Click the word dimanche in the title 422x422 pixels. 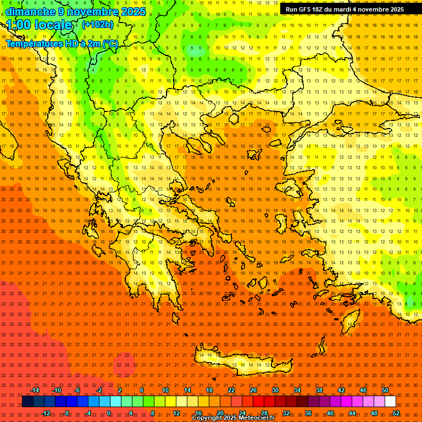(x=30, y=12)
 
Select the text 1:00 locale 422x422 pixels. (x=40, y=25)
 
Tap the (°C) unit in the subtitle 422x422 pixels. (x=110, y=43)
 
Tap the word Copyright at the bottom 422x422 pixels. (x=208, y=418)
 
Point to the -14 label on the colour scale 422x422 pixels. (x=35, y=390)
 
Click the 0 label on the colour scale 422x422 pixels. (x=109, y=413)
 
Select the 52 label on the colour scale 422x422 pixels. (x=396, y=413)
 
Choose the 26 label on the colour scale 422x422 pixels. (x=253, y=390)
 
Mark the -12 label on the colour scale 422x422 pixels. (x=46, y=413)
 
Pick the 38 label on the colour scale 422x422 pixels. (x=319, y=390)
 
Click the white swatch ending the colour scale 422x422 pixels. (x=390, y=402)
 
